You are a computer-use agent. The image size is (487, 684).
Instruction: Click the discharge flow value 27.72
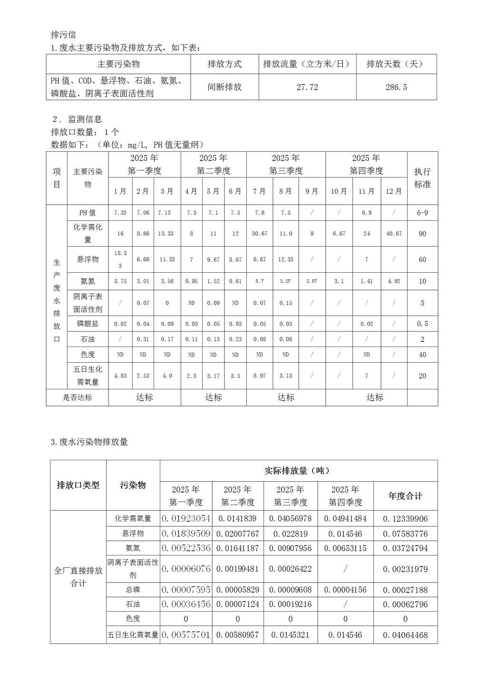click(307, 87)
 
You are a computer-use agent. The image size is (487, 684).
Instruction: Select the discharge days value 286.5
click(396, 87)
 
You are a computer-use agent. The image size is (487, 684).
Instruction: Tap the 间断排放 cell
click(224, 87)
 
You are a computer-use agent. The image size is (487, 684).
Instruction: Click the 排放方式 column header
click(224, 64)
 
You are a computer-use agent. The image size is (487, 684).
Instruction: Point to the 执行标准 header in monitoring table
click(422, 178)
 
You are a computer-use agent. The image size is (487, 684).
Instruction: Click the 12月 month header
click(393, 191)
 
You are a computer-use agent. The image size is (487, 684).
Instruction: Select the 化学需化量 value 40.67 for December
click(393, 234)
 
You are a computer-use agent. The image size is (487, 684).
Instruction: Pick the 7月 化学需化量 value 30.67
click(260, 234)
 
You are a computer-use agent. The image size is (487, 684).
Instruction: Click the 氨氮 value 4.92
click(393, 281)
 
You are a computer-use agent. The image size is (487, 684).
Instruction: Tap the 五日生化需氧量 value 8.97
click(260, 376)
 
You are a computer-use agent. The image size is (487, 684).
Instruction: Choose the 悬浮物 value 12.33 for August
click(285, 259)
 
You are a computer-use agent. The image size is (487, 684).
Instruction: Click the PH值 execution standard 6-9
click(422, 213)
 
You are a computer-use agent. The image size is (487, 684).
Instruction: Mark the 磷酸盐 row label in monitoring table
click(88, 324)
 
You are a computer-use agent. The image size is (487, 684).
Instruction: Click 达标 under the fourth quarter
click(375, 397)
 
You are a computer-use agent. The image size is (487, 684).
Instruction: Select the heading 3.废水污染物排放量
click(89, 442)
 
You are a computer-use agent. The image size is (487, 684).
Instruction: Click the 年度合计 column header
click(405, 496)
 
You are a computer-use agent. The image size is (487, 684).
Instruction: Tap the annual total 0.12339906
click(405, 519)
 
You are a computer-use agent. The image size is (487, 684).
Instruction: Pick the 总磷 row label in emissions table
click(133, 590)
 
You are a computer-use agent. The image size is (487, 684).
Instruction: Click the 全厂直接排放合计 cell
click(78, 577)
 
